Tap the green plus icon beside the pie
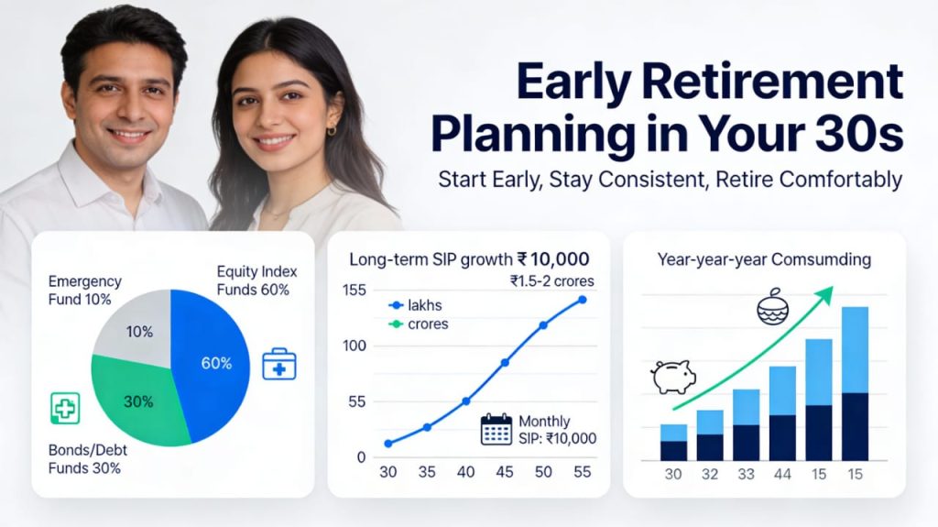tap(65, 407)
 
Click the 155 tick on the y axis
tap(354, 291)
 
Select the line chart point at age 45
tap(505, 363)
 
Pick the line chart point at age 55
tap(582, 300)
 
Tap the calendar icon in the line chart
tap(496, 429)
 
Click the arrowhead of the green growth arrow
tap(828, 291)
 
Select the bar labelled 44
tap(782, 412)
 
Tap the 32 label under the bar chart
tap(710, 475)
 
